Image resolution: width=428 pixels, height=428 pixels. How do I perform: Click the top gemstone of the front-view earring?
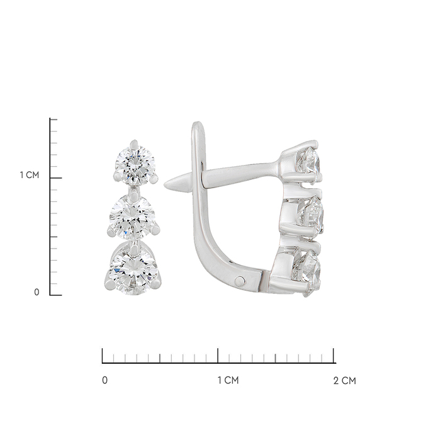click(135, 164)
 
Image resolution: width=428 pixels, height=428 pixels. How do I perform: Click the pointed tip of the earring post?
click(165, 185)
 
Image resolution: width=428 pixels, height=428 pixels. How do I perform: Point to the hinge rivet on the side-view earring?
click(239, 279)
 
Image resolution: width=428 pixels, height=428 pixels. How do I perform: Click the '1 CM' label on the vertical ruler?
click(30, 175)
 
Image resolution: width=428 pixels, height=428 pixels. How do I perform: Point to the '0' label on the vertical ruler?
click(37, 292)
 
